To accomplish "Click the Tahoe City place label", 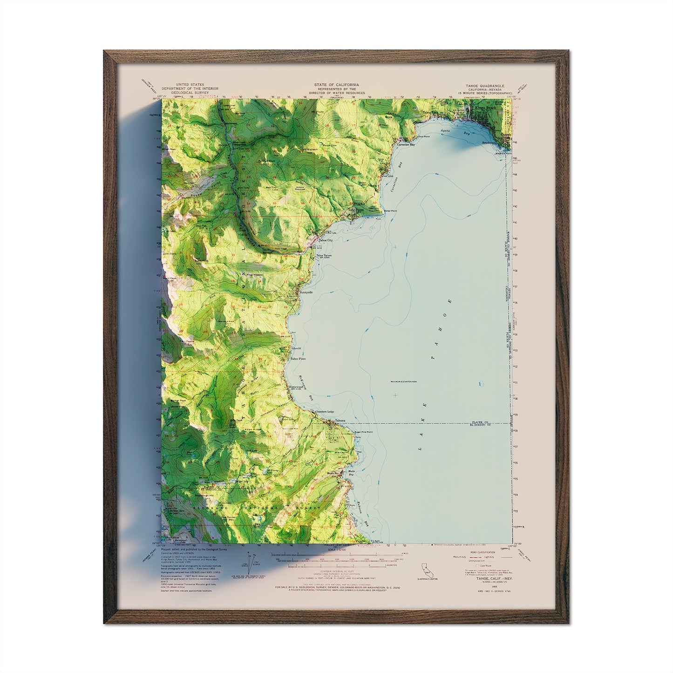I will click(325, 240).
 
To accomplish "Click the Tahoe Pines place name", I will click(298, 359).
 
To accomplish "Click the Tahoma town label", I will click(340, 420).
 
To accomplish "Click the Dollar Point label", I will click(383, 211).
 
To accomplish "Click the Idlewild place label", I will click(296, 348).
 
